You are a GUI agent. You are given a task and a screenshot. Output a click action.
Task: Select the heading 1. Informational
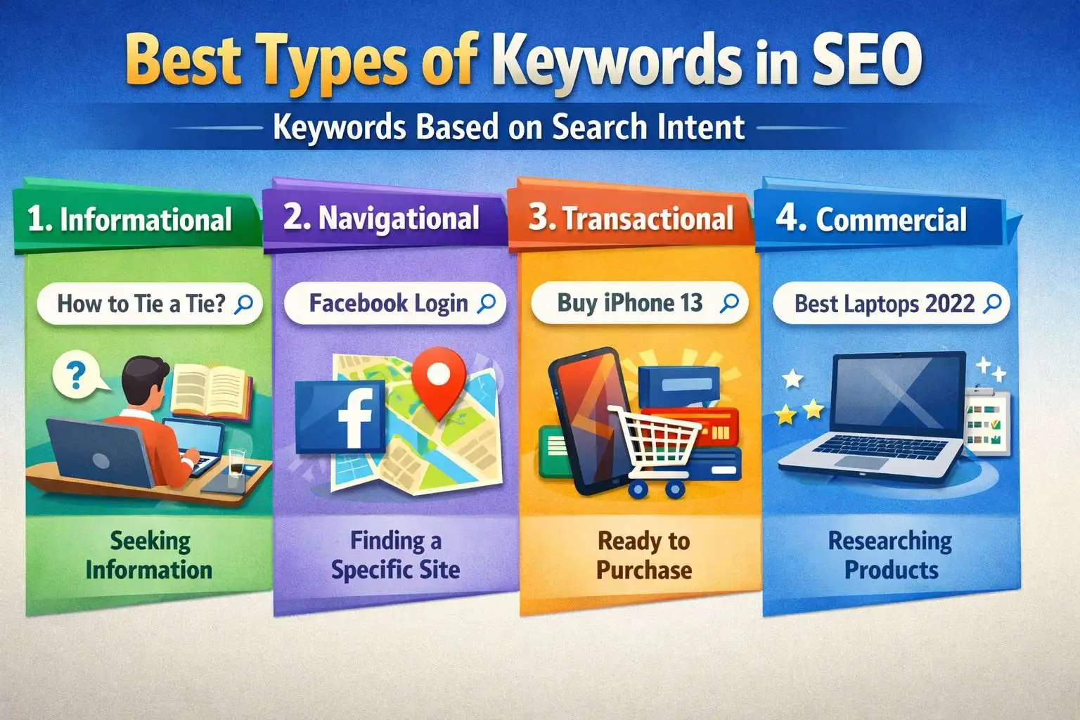pos(130,219)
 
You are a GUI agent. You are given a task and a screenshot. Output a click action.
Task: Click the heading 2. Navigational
pos(382,218)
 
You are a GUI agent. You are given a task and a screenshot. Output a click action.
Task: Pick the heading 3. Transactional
pos(631,219)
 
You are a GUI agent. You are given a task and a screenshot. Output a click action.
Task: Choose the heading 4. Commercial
pos(872,219)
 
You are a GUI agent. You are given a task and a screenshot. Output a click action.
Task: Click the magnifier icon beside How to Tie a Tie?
pos(243,304)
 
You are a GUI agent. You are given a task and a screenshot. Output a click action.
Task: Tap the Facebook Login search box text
pos(388,304)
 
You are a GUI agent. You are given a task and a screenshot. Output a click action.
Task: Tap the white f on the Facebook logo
pos(354,418)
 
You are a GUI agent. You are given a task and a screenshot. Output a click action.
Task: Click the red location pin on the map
pos(439,380)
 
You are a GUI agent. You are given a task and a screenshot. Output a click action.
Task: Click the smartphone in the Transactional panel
pos(584,422)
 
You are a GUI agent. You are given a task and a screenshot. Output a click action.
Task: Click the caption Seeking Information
pos(149,555)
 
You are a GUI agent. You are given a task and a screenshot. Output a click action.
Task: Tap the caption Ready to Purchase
pos(643,555)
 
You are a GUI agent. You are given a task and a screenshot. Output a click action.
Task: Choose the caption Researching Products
pos(890,555)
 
